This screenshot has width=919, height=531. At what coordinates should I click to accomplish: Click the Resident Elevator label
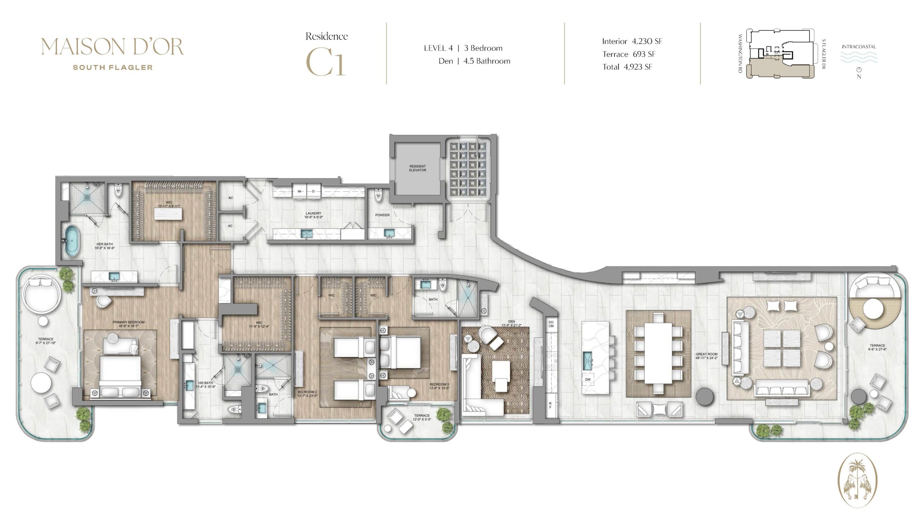tap(417, 168)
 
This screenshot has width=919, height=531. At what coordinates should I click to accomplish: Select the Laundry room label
tap(313, 215)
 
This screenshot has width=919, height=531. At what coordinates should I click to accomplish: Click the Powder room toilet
tap(378, 196)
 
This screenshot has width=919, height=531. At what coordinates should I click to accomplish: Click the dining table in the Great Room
tap(658, 354)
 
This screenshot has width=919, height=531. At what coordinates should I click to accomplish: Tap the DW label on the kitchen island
tap(587, 380)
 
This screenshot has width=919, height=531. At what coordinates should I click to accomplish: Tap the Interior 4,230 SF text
tap(632, 41)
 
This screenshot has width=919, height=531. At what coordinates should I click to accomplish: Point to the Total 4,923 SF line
tap(627, 67)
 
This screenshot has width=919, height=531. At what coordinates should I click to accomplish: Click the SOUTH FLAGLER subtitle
tap(113, 68)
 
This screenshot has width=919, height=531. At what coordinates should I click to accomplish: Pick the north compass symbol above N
tap(859, 70)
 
